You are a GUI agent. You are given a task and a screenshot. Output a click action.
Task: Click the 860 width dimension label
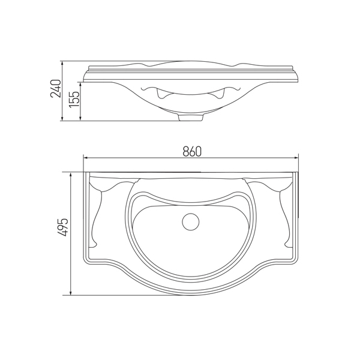coord(192,151)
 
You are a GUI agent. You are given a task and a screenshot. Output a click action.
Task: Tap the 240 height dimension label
coord(56,88)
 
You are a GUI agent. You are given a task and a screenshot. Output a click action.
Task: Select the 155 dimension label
coord(74,99)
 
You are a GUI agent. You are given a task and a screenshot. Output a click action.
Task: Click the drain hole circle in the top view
coord(191,222)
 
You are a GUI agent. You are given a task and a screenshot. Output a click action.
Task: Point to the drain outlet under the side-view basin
coord(191,117)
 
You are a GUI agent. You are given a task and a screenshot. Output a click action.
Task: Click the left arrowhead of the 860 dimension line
coord(86,158)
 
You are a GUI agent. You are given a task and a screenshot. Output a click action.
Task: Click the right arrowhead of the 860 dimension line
coord(295,158)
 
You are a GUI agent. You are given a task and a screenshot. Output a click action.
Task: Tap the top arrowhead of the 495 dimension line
coord(71,175)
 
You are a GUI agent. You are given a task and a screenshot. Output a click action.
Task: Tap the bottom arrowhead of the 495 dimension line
coord(71,292)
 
